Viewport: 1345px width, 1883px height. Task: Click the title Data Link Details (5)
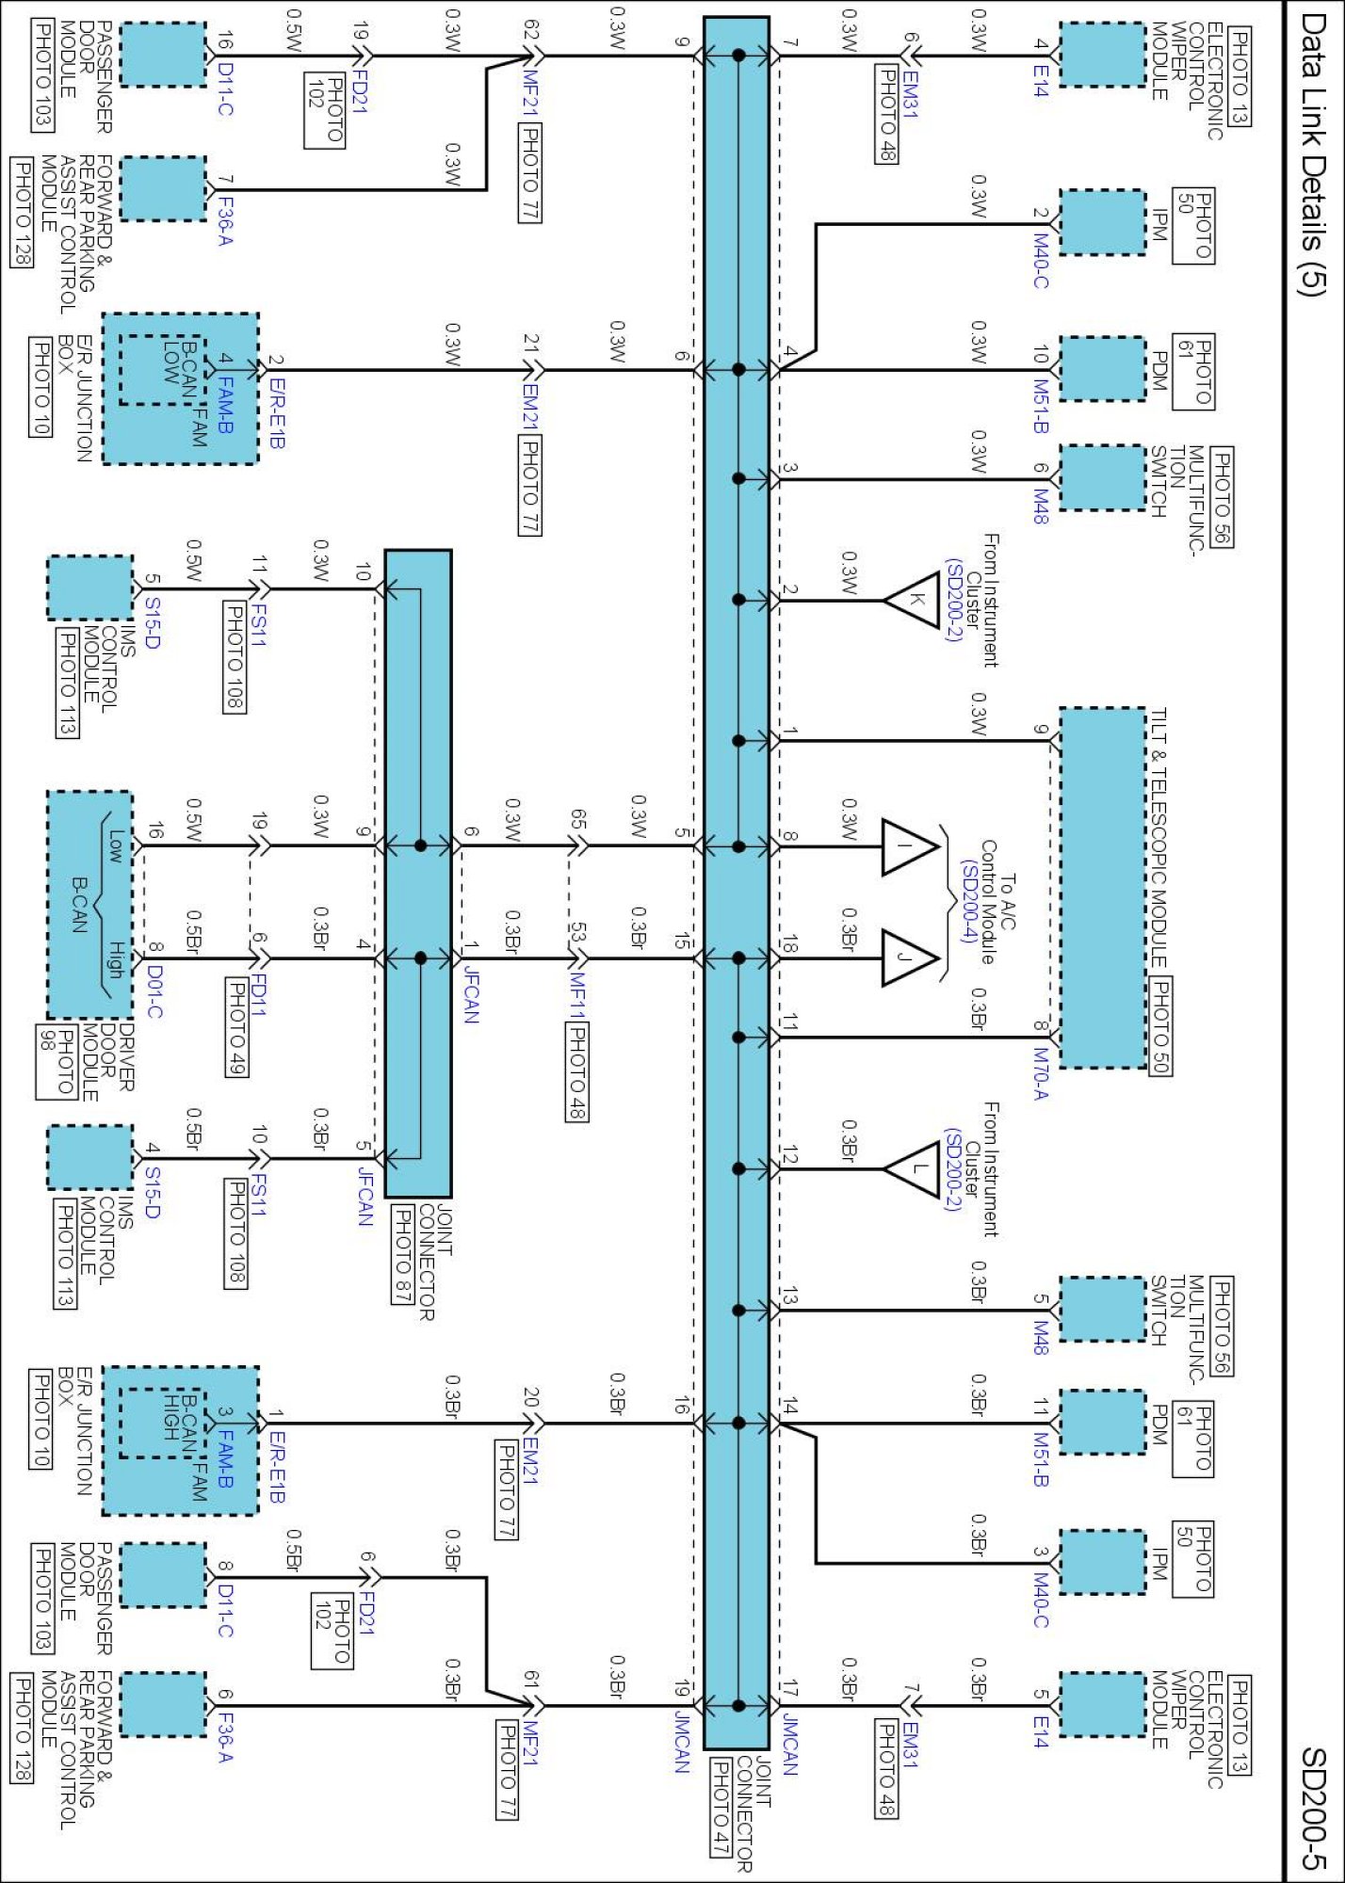(x=1311, y=154)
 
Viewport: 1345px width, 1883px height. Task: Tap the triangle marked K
(x=912, y=600)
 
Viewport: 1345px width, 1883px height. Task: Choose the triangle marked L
(x=912, y=1169)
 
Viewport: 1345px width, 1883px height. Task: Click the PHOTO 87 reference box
(x=402, y=1254)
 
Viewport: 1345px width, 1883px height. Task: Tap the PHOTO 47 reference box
(x=719, y=1809)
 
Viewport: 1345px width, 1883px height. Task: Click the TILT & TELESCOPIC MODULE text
(x=1159, y=838)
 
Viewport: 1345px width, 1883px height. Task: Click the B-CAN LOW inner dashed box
(x=162, y=370)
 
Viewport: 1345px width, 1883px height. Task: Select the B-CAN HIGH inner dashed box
(x=162, y=1423)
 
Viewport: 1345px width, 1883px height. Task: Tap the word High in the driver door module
(x=116, y=958)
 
